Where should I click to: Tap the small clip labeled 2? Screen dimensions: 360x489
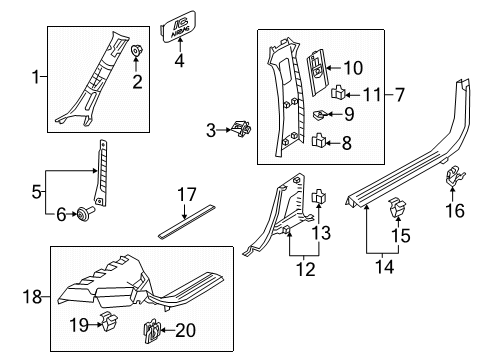(137, 52)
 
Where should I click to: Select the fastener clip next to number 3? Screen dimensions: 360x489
(239, 128)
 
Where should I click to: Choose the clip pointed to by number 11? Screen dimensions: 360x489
(338, 95)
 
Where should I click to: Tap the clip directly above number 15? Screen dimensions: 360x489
(393, 210)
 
